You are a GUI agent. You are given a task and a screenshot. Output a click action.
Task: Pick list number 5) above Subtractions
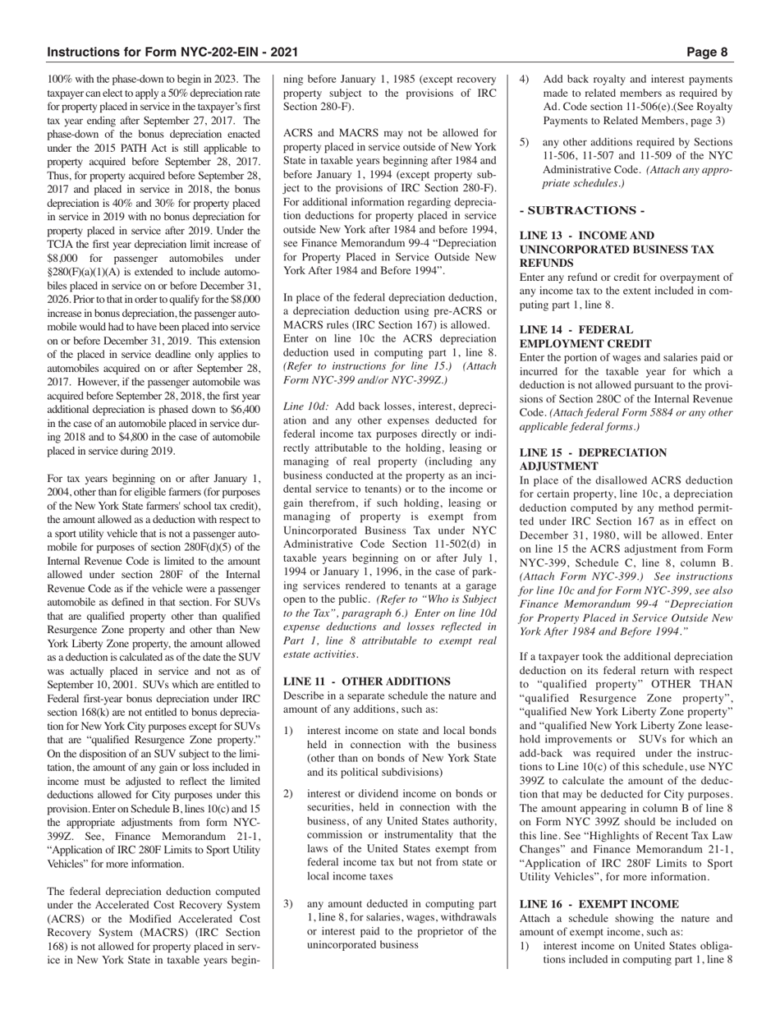525,141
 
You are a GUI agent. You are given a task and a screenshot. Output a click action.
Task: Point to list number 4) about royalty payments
525,80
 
